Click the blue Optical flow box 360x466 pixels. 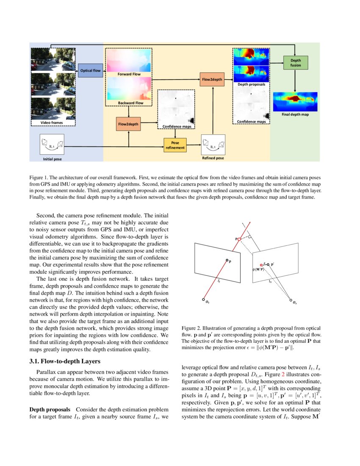coord(90,70)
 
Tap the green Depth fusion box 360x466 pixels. coord(295,63)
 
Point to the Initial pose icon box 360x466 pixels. coord(51,145)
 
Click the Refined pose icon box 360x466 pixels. coord(213,145)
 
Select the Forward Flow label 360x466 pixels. coord(129,74)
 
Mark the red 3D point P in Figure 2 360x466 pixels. coord(239,239)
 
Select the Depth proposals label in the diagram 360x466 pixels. coord(251,84)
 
